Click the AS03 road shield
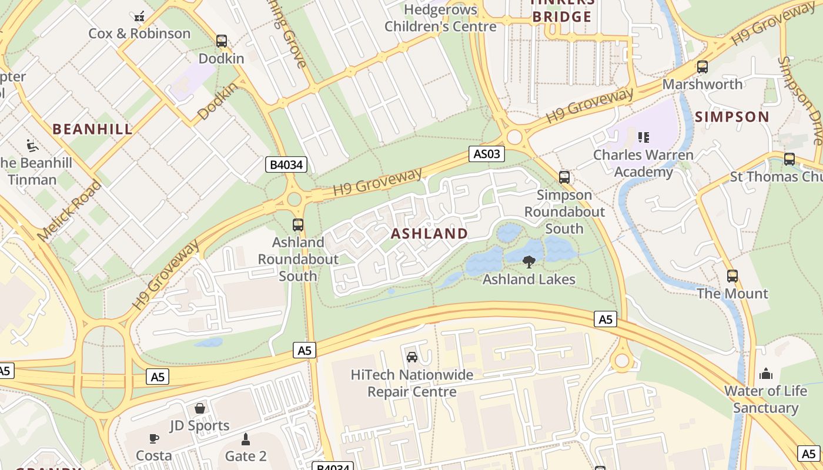487,154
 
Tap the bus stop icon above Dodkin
221,41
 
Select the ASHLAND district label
429,233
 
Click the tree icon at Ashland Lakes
528,262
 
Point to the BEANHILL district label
92,129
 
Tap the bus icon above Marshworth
702,67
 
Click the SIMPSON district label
732,117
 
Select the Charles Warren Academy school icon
643,137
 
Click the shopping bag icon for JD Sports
200,408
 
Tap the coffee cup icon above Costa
153,438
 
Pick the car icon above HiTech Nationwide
411,357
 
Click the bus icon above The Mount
732,276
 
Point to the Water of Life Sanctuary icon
765,374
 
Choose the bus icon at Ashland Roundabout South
298,225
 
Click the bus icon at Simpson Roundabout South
564,177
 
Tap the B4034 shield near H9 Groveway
286,164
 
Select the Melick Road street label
69,210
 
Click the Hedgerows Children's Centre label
440,18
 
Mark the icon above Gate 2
246,439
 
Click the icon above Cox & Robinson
139,16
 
